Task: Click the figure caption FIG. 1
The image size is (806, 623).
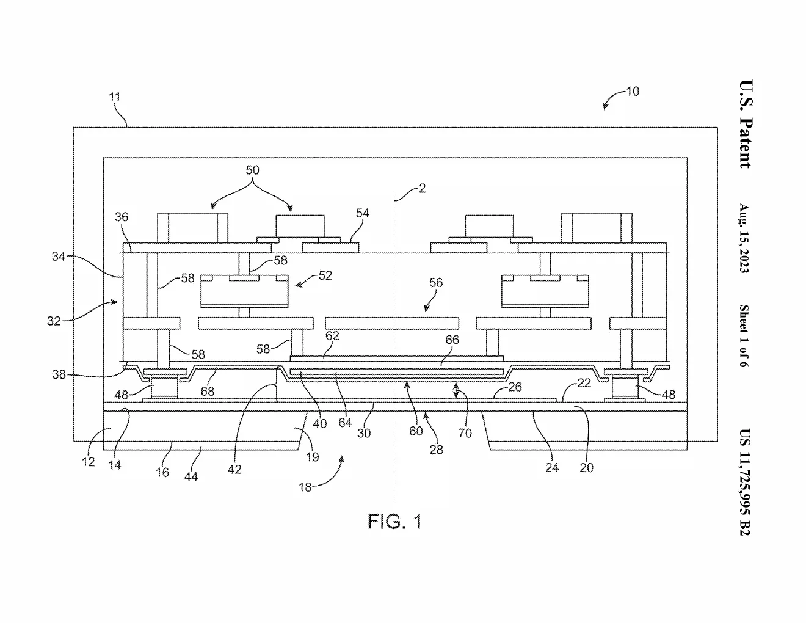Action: click(x=394, y=522)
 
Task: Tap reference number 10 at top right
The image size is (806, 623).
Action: click(x=633, y=91)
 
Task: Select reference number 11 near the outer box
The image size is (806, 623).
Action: click(x=115, y=97)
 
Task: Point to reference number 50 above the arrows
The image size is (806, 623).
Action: click(x=252, y=170)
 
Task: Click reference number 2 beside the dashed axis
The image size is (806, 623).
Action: click(x=422, y=189)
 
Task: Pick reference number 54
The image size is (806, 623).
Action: click(x=362, y=213)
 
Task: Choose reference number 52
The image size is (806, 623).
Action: click(x=325, y=275)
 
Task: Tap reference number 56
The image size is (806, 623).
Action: click(x=436, y=283)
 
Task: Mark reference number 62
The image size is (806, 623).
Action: click(x=332, y=336)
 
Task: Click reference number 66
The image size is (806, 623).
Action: click(x=452, y=340)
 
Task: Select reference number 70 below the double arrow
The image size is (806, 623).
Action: click(x=465, y=433)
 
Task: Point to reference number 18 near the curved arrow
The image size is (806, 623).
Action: click(x=305, y=487)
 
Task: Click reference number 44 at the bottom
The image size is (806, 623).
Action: click(x=191, y=477)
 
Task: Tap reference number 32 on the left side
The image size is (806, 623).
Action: click(x=54, y=321)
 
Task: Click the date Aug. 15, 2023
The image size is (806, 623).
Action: click(x=744, y=238)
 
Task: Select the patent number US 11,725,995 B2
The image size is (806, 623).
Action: click(x=744, y=482)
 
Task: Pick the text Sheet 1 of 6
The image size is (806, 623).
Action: click(x=744, y=336)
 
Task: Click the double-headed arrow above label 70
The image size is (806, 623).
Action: click(x=456, y=391)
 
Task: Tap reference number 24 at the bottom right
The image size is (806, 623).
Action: click(x=551, y=467)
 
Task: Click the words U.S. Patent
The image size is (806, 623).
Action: click(x=746, y=124)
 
